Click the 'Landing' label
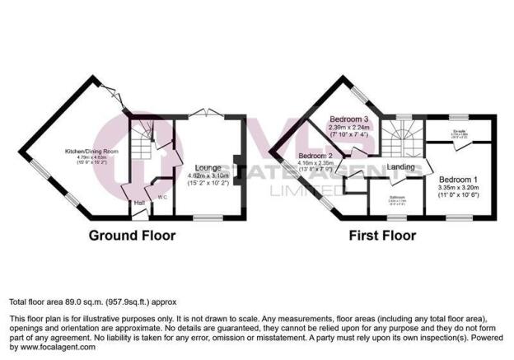[401, 168]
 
